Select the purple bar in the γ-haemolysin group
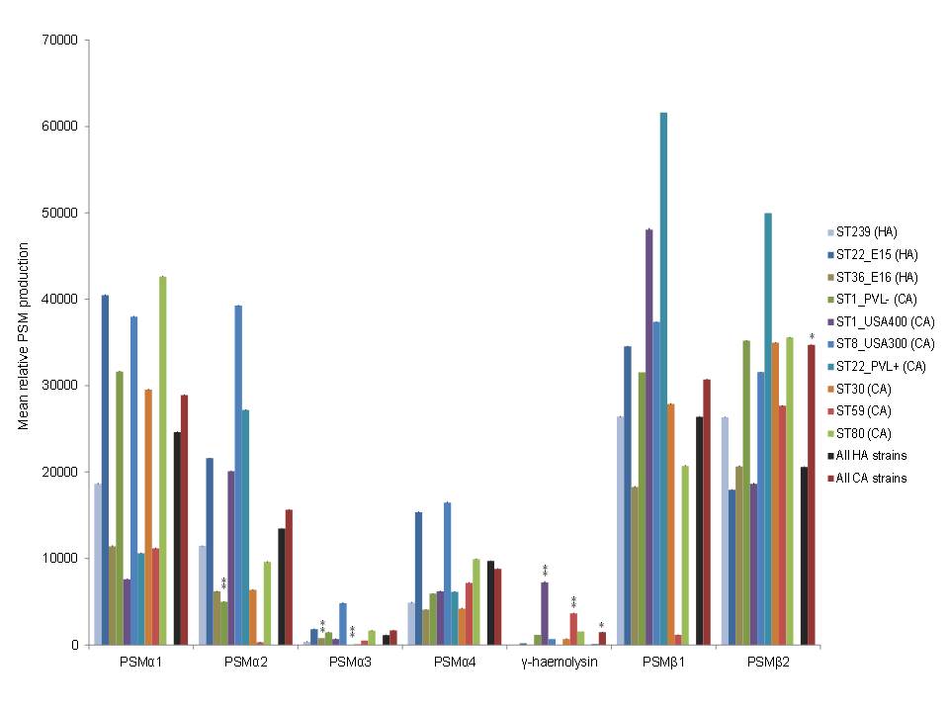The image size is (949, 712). (545, 613)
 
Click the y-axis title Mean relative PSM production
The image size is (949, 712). (23, 342)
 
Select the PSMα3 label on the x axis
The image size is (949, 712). (350, 662)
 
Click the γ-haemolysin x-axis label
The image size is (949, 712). (560, 662)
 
